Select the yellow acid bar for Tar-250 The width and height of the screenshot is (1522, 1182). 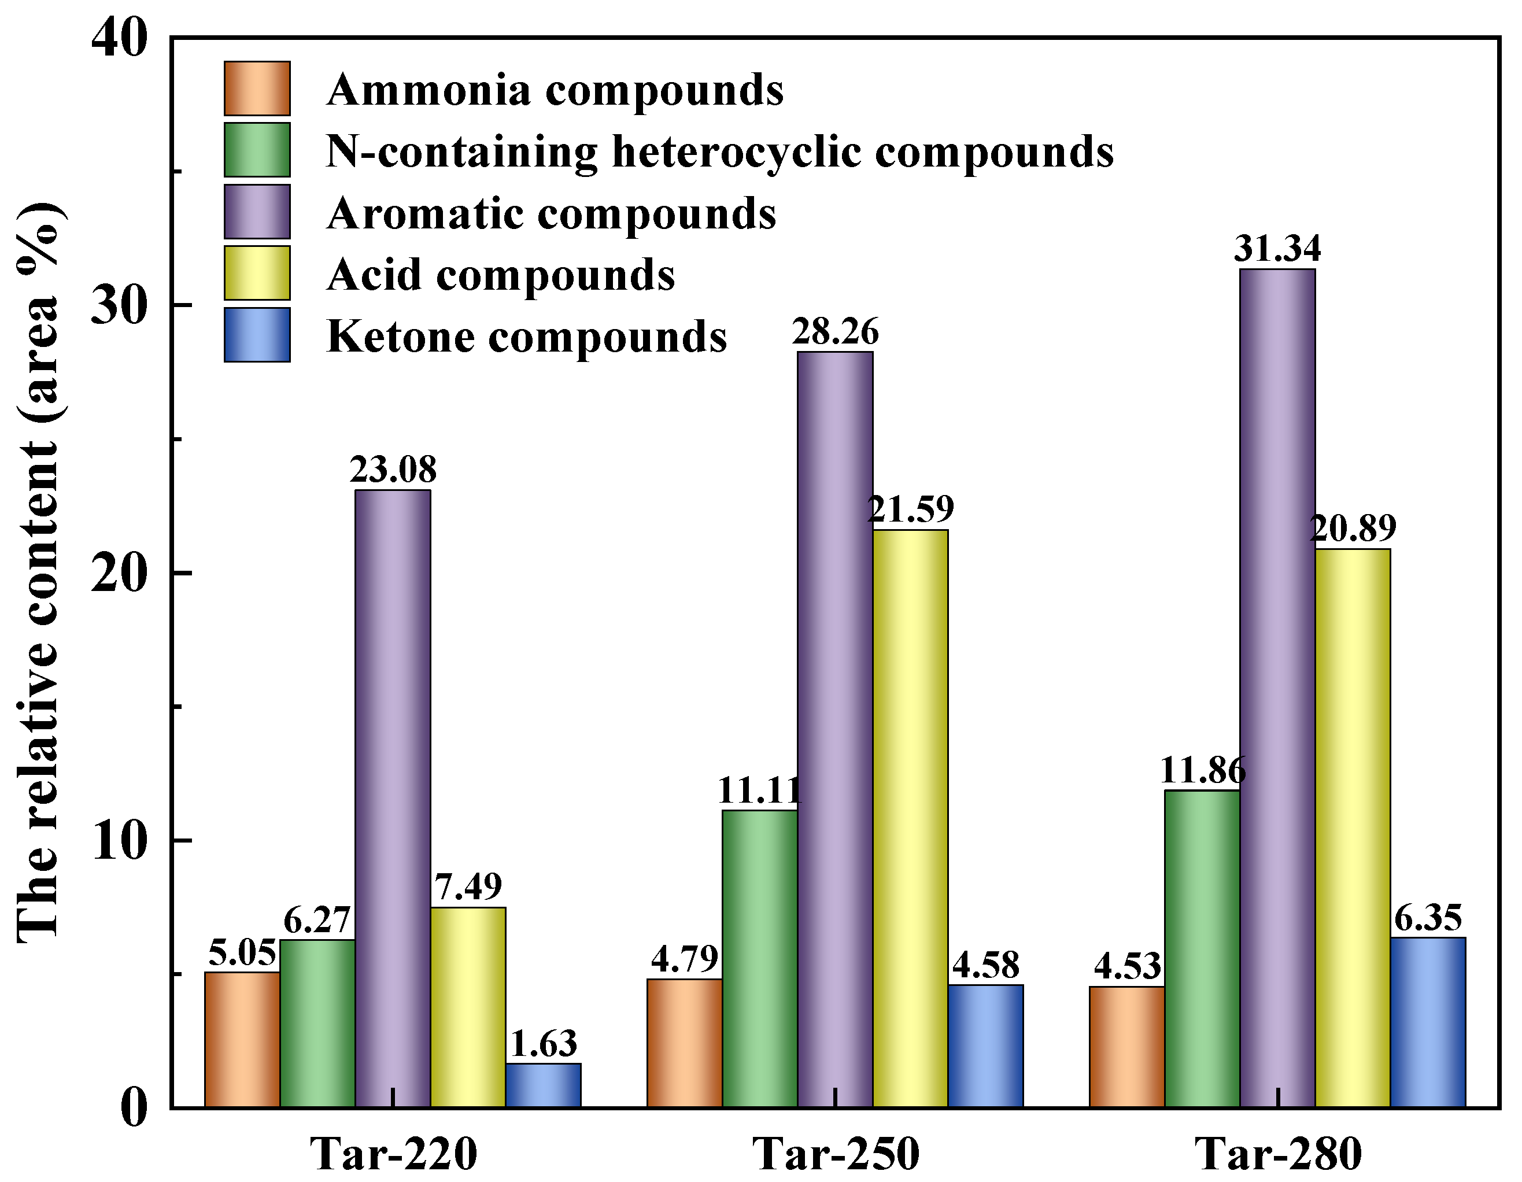(910, 818)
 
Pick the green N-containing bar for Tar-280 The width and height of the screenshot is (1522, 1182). (1202, 948)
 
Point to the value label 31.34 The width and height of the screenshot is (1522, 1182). (1277, 249)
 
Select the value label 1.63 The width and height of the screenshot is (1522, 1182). (544, 1044)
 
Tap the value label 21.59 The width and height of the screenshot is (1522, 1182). (910, 509)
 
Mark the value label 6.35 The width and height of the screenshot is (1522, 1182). (1428, 918)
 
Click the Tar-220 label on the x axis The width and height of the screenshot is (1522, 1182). (394, 1154)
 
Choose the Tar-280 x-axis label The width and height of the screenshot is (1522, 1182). (1278, 1154)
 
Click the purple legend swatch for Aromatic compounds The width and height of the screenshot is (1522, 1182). (257, 212)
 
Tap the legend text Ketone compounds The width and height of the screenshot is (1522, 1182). (526, 337)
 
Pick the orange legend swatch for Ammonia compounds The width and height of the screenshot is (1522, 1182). (257, 88)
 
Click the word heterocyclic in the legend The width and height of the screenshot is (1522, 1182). (737, 152)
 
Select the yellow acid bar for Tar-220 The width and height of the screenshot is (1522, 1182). (468, 1006)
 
